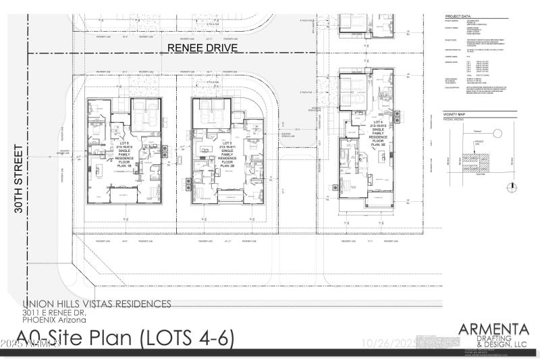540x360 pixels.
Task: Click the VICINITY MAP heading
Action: (455, 115)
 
